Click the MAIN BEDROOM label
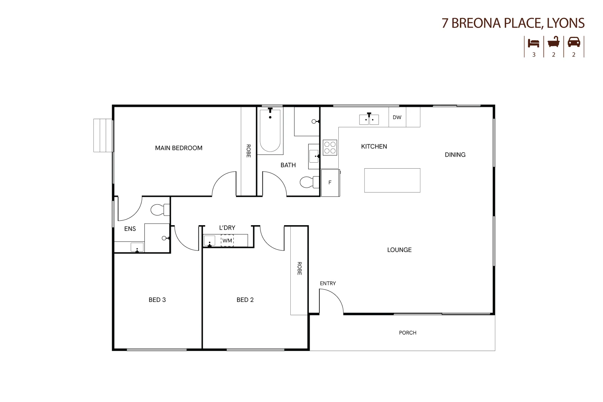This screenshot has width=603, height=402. pyautogui.click(x=179, y=148)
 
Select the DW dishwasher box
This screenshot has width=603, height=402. pyautogui.click(x=397, y=117)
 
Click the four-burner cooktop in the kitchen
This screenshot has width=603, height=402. pyautogui.click(x=330, y=148)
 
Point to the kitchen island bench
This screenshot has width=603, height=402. pyautogui.click(x=392, y=181)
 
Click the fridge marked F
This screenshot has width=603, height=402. pyautogui.click(x=330, y=183)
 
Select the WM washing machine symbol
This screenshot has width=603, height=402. pyautogui.click(x=227, y=241)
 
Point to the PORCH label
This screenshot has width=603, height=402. pyautogui.click(x=408, y=333)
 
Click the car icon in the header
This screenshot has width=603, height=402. pyautogui.click(x=574, y=42)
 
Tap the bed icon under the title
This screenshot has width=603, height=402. pyautogui.click(x=534, y=43)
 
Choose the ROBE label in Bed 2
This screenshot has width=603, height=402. pyautogui.click(x=299, y=268)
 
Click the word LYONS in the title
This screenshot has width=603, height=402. pyautogui.click(x=566, y=23)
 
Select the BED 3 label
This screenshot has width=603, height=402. pyautogui.click(x=157, y=300)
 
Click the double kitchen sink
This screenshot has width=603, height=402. pyautogui.click(x=369, y=119)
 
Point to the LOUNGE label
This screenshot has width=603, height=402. pyautogui.click(x=399, y=250)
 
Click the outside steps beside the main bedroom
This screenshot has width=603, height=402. pyautogui.click(x=103, y=135)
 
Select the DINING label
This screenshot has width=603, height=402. pyautogui.click(x=455, y=155)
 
